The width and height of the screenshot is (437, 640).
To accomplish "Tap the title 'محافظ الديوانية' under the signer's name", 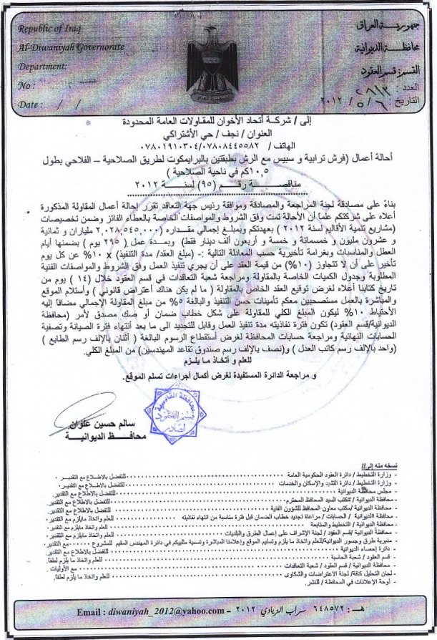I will (x=82, y=435).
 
